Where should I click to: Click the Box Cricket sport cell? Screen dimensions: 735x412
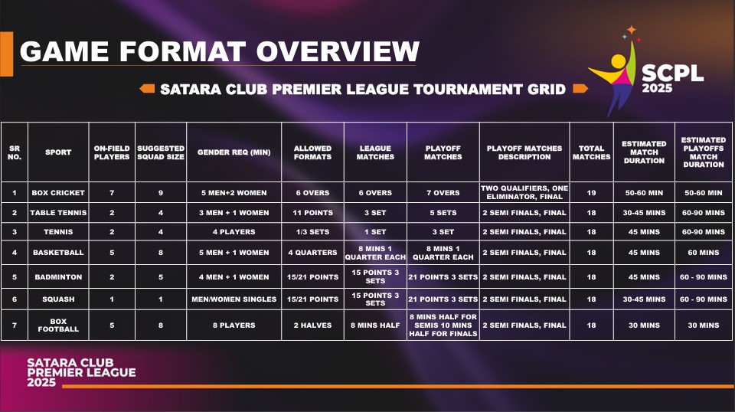(58, 193)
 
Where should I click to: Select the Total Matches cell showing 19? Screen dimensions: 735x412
(591, 193)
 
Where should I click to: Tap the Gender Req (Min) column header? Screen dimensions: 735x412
(234, 152)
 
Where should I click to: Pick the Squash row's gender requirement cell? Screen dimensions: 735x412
(234, 299)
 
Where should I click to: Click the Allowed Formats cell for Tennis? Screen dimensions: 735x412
(312, 231)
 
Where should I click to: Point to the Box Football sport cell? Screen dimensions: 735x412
(58, 325)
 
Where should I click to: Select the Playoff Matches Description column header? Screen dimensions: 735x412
(524, 152)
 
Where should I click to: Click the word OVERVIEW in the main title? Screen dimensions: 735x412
(338, 51)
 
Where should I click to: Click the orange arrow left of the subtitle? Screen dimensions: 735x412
(147, 89)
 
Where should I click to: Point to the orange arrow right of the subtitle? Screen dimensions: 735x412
(580, 89)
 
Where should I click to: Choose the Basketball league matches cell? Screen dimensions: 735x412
(375, 253)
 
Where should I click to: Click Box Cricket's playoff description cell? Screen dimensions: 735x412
(524, 193)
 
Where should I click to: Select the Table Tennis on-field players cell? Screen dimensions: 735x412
(112, 213)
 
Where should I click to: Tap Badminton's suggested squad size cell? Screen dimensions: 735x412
(161, 277)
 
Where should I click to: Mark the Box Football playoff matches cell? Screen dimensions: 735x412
(443, 325)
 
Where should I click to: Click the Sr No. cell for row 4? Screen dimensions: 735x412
(15, 253)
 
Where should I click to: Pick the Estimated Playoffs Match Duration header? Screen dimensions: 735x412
(703, 152)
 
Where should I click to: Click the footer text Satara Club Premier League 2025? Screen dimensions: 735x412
(81, 372)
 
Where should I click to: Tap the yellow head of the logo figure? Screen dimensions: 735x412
(619, 61)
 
